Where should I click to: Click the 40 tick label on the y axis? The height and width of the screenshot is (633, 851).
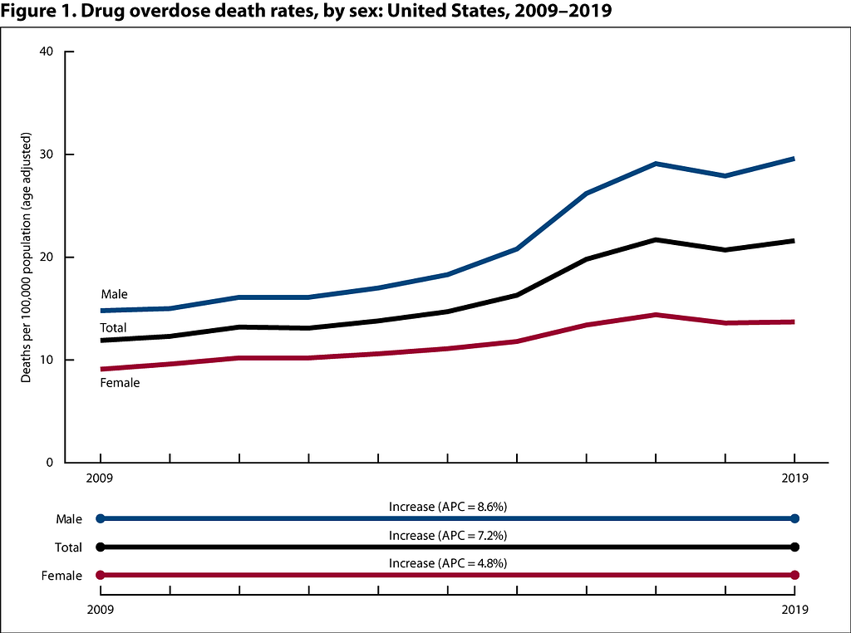47,52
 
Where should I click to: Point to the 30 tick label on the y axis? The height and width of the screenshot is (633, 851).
47,154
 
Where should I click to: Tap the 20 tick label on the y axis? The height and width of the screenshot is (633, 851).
47,257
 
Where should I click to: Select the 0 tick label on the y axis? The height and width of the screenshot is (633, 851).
49,462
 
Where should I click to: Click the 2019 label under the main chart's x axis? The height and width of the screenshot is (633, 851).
794,478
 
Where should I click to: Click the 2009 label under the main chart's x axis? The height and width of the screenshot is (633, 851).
100,478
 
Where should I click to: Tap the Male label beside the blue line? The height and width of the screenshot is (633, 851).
115,294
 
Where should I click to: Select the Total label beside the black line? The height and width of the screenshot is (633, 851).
113,327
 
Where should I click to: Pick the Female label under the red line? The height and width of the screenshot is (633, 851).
120,383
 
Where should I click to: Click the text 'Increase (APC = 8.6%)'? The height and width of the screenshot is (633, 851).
448,507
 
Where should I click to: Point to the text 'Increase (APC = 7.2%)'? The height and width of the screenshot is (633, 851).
448,535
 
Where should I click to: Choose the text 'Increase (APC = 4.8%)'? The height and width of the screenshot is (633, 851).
448,563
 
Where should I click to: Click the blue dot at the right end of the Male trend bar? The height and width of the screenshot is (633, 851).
795,518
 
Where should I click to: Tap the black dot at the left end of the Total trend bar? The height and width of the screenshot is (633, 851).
100,547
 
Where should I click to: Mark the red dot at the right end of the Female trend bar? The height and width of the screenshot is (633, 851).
795,575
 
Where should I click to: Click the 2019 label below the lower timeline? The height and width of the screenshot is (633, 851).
794,610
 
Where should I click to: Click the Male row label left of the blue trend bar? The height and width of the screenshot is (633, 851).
69,519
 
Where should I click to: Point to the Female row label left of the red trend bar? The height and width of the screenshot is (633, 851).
61,576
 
